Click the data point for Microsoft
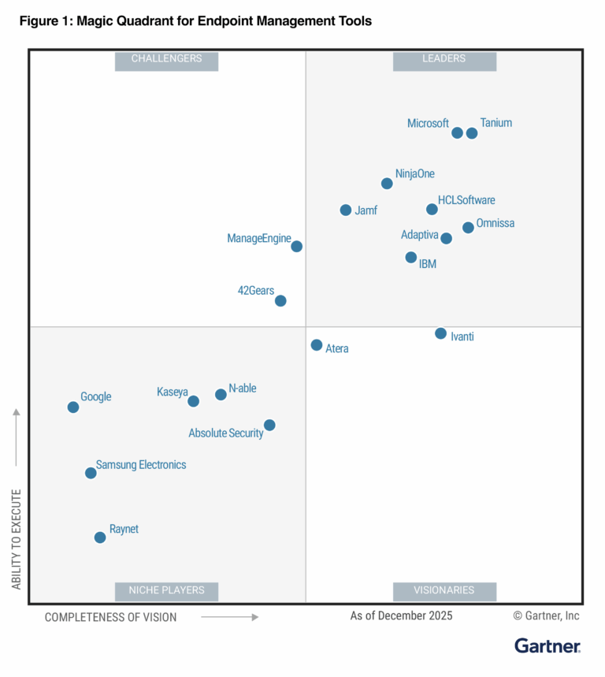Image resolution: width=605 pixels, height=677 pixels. (457, 132)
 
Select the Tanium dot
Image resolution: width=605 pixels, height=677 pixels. (472, 133)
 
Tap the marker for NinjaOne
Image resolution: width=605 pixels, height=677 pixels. (387, 184)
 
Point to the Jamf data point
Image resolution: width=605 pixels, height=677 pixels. (346, 210)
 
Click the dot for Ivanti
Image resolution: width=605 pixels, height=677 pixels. (441, 333)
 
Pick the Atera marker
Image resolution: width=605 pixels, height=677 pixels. (317, 345)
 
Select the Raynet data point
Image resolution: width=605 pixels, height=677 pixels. (100, 538)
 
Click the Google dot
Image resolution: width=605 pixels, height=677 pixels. (73, 407)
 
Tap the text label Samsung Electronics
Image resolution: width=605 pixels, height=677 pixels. (141, 465)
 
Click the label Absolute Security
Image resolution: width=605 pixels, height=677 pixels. (226, 433)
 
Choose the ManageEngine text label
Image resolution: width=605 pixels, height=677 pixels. (259, 239)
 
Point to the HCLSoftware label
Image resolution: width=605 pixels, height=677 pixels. (466, 200)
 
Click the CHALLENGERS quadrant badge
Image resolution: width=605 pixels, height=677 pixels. (166, 59)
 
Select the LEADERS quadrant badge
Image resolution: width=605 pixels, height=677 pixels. (444, 59)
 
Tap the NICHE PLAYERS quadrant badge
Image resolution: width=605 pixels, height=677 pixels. (166, 590)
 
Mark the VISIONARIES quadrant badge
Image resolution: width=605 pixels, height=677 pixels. (444, 590)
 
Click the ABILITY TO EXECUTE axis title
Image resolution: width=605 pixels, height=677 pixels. (17, 538)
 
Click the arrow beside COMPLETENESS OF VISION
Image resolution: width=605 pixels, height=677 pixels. (229, 617)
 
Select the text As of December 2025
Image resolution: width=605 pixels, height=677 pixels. (401, 616)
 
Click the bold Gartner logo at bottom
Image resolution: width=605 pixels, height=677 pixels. (547, 646)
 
